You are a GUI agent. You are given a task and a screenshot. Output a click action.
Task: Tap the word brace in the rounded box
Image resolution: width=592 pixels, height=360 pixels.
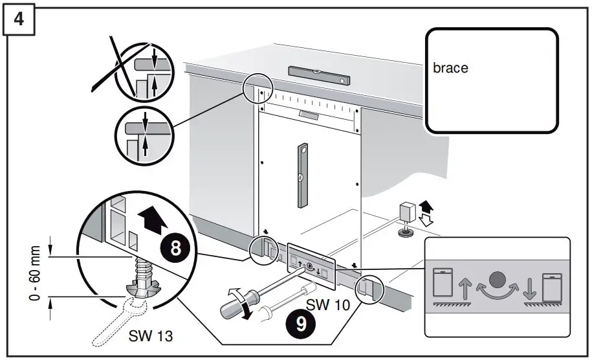pyautogui.click(x=450, y=68)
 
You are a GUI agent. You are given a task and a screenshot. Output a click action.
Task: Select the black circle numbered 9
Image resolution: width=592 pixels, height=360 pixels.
pyautogui.click(x=301, y=324)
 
